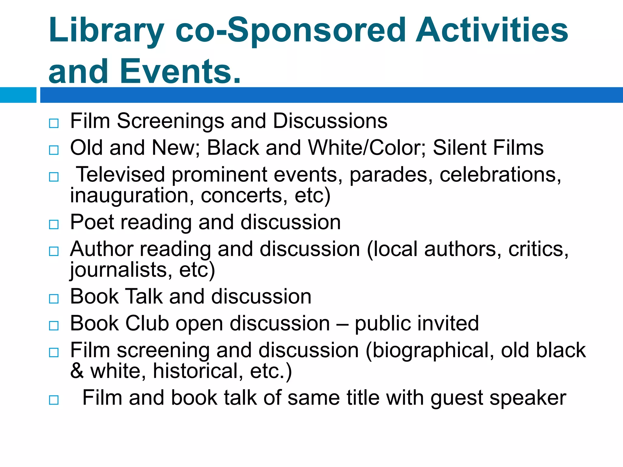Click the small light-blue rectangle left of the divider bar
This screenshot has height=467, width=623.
point(18,95)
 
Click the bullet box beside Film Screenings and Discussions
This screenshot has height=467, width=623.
point(54,123)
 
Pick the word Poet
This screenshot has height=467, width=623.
point(92,222)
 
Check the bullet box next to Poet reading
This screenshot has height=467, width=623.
point(54,225)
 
